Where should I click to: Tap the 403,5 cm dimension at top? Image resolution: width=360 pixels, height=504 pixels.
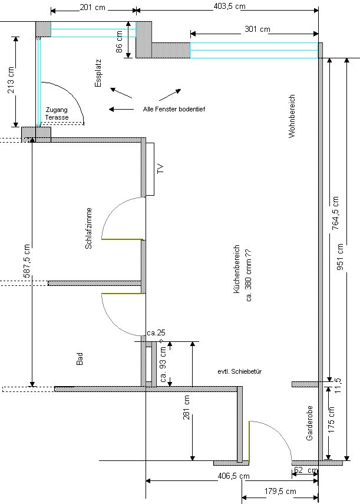tap(229, 6)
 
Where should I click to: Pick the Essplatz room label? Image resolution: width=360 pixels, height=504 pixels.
tap(98, 73)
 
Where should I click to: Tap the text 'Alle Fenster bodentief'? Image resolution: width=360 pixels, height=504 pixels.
tap(174, 110)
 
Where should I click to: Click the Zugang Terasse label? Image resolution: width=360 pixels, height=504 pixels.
tap(57, 114)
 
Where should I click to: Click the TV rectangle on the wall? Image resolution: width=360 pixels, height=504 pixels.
tap(151, 169)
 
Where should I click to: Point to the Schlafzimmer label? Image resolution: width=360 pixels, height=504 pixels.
tap(89, 228)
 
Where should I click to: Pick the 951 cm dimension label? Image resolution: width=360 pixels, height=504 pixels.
tap(340, 258)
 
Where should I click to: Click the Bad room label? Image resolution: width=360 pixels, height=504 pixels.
tap(80, 358)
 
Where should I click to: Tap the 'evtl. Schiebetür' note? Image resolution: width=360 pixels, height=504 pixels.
tap(239, 372)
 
